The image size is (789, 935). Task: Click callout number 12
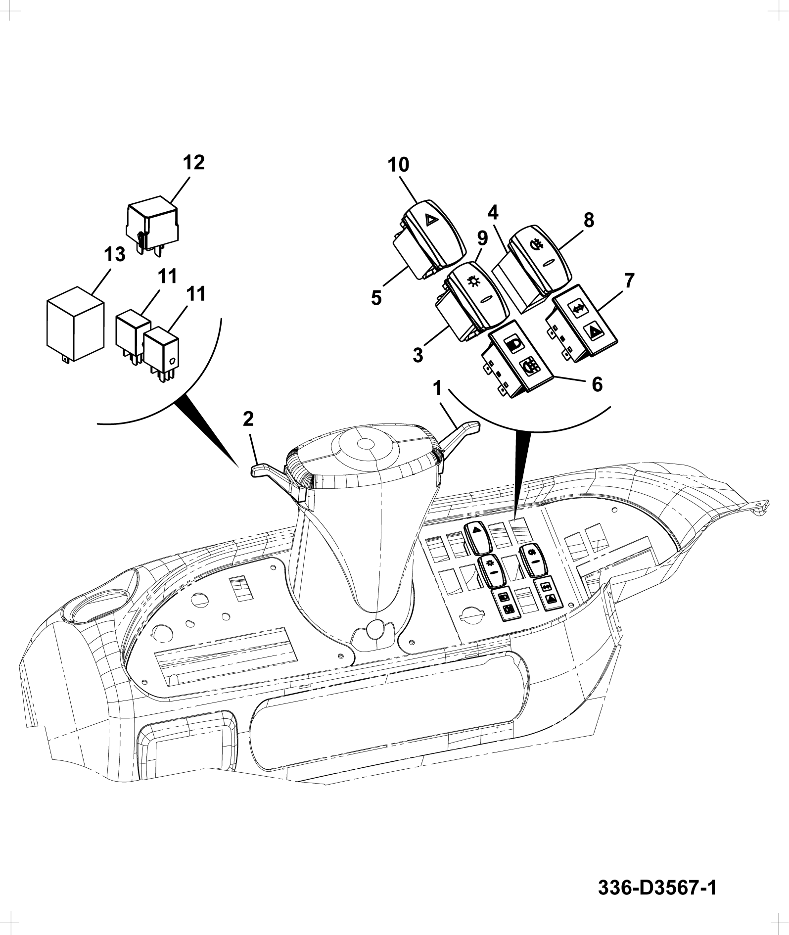pos(194,163)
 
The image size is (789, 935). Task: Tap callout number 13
pos(115,255)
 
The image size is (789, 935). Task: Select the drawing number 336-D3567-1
pos(657,887)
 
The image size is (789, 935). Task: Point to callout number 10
pos(399,165)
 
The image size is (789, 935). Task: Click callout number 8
pos(588,221)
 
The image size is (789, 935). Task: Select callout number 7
pos(628,281)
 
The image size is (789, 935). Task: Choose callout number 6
pos(597,384)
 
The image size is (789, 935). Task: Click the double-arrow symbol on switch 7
pos(577,308)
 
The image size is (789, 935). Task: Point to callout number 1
pos(437,389)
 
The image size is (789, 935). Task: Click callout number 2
pos(248,420)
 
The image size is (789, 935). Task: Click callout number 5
pos(376,298)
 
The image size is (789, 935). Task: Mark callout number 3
pos(418,355)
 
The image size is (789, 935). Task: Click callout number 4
pos(493,213)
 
